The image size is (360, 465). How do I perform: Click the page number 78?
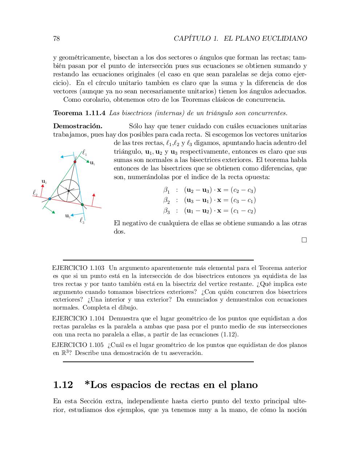tap(56, 39)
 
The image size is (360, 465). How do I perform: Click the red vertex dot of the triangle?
tap(75, 162)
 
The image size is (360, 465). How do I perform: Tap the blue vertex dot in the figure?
tap(50, 199)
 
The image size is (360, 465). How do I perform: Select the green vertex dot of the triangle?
tap(82, 205)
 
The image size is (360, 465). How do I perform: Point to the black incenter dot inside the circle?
tap(68, 191)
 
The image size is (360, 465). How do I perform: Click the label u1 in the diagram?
tap(92, 163)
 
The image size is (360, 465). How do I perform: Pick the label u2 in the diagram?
tap(44, 181)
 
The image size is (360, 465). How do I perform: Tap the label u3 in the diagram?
tap(68, 216)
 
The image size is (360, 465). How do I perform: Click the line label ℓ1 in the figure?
tap(84, 153)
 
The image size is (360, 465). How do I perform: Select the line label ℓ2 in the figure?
tap(35, 193)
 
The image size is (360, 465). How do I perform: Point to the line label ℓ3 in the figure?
tap(82, 220)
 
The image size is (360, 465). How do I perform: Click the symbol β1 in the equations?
tap(166, 190)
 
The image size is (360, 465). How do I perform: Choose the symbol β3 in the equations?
tap(166, 211)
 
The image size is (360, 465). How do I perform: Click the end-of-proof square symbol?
tap(304, 240)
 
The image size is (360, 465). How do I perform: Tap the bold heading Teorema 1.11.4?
tap(79, 113)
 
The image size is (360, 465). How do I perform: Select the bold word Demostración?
tap(77, 126)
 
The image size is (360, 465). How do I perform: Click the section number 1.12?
tap(63, 385)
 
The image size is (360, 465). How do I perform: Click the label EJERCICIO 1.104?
tap(78, 319)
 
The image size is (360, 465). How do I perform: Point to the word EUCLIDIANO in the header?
tap(285, 39)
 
